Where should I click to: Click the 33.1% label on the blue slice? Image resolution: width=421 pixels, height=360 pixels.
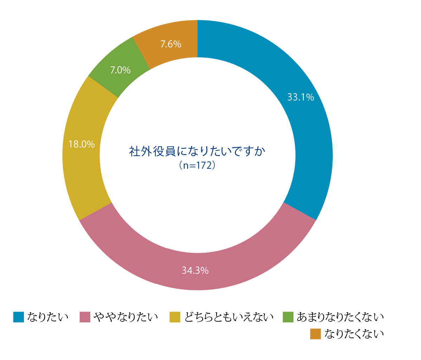(x=300, y=97)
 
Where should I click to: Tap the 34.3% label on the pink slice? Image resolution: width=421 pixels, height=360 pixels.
(x=195, y=270)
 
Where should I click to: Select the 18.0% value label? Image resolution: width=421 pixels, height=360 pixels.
(x=82, y=144)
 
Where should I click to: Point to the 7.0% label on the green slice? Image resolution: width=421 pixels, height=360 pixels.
(x=120, y=70)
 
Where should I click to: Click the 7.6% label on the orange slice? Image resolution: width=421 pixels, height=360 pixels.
(x=171, y=44)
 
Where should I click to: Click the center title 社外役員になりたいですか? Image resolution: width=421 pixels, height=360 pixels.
(x=197, y=152)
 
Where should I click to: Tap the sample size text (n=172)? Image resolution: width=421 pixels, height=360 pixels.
(x=197, y=165)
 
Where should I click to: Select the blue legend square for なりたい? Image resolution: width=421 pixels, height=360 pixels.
(x=19, y=317)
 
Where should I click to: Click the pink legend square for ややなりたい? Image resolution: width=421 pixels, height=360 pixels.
(x=85, y=317)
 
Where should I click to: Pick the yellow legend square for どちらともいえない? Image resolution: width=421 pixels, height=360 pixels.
(x=175, y=317)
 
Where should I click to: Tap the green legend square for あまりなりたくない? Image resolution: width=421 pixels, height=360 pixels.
(x=288, y=317)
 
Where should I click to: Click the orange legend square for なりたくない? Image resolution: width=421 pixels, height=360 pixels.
(x=316, y=334)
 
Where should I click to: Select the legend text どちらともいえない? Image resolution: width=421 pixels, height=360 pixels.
(x=229, y=317)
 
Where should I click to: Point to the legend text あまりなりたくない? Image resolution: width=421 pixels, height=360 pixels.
(x=340, y=317)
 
